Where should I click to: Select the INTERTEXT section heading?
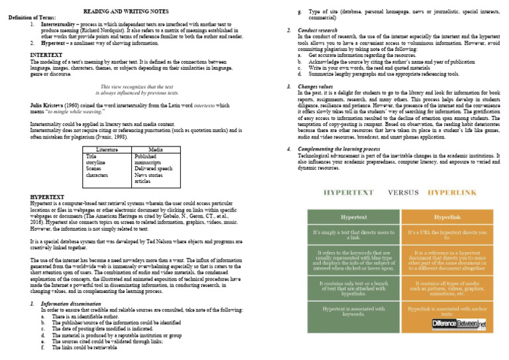click(x=46, y=54)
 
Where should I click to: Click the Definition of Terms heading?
click(x=32, y=18)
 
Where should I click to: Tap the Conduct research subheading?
click(x=317, y=30)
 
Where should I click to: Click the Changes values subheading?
click(x=316, y=87)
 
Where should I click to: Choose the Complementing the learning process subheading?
click(x=351, y=149)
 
